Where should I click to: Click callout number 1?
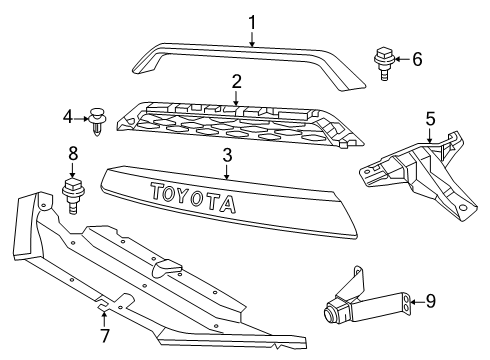coord(252,22)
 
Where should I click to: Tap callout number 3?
coord(227,155)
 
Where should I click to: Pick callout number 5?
coord(430,120)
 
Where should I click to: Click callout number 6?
coord(417,59)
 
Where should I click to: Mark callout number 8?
coord(72,155)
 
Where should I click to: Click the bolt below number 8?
coord(73,192)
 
